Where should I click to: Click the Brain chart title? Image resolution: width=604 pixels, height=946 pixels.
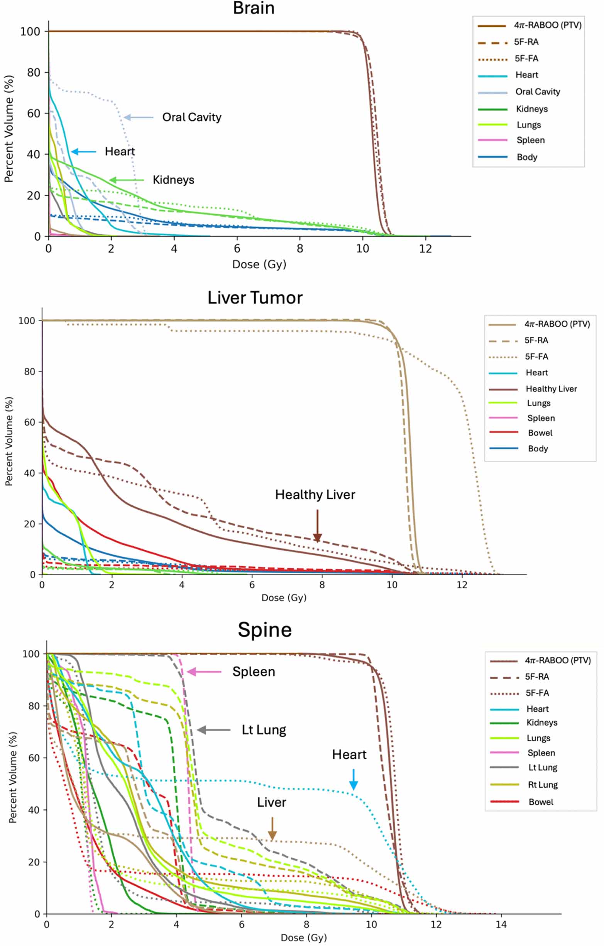(253, 8)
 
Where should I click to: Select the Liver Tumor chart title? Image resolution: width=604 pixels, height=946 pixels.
(255, 298)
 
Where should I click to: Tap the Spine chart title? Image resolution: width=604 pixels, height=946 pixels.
(264, 629)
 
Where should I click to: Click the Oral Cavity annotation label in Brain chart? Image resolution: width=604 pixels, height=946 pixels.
(192, 117)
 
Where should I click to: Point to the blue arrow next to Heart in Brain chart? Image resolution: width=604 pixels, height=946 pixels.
(83, 152)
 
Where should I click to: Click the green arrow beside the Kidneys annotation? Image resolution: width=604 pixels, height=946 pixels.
(127, 180)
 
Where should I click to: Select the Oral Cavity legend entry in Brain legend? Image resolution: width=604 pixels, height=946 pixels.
(537, 92)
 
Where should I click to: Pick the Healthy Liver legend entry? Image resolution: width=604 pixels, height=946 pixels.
(551, 388)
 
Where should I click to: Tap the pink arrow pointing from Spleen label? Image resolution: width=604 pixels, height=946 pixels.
(204, 672)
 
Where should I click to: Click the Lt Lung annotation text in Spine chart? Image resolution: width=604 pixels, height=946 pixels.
(264, 730)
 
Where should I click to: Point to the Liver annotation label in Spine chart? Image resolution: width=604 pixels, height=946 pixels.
(271, 802)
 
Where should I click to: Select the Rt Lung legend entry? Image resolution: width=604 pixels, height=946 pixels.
(542, 785)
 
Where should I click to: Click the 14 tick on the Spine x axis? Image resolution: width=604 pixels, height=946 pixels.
(501, 924)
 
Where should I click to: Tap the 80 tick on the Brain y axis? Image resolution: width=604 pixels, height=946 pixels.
(33, 72)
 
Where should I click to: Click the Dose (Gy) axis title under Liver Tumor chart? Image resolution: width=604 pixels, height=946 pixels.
(284, 598)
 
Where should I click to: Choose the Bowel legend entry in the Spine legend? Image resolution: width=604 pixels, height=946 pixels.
(540, 802)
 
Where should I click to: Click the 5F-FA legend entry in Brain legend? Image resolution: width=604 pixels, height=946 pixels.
(526, 59)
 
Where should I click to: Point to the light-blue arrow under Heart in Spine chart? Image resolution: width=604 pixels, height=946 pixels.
(353, 780)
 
